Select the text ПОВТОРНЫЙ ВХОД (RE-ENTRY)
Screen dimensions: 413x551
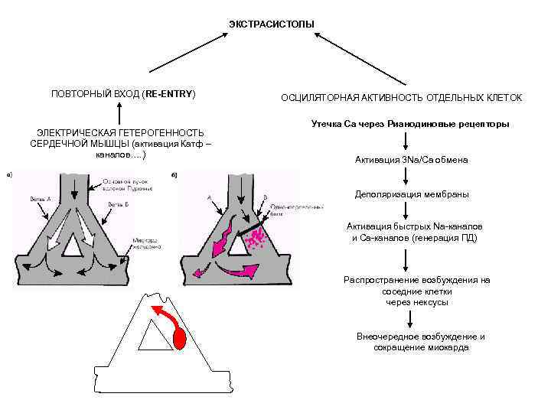[123, 93]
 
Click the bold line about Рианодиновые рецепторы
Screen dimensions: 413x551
[411, 124]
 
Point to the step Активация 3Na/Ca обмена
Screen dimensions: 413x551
[412, 160]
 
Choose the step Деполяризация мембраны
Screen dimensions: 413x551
[412, 194]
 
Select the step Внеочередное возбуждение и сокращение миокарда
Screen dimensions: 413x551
[419, 342]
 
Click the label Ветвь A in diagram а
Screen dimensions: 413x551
[41, 198]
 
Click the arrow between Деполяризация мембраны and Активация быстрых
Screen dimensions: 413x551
[412, 211]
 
